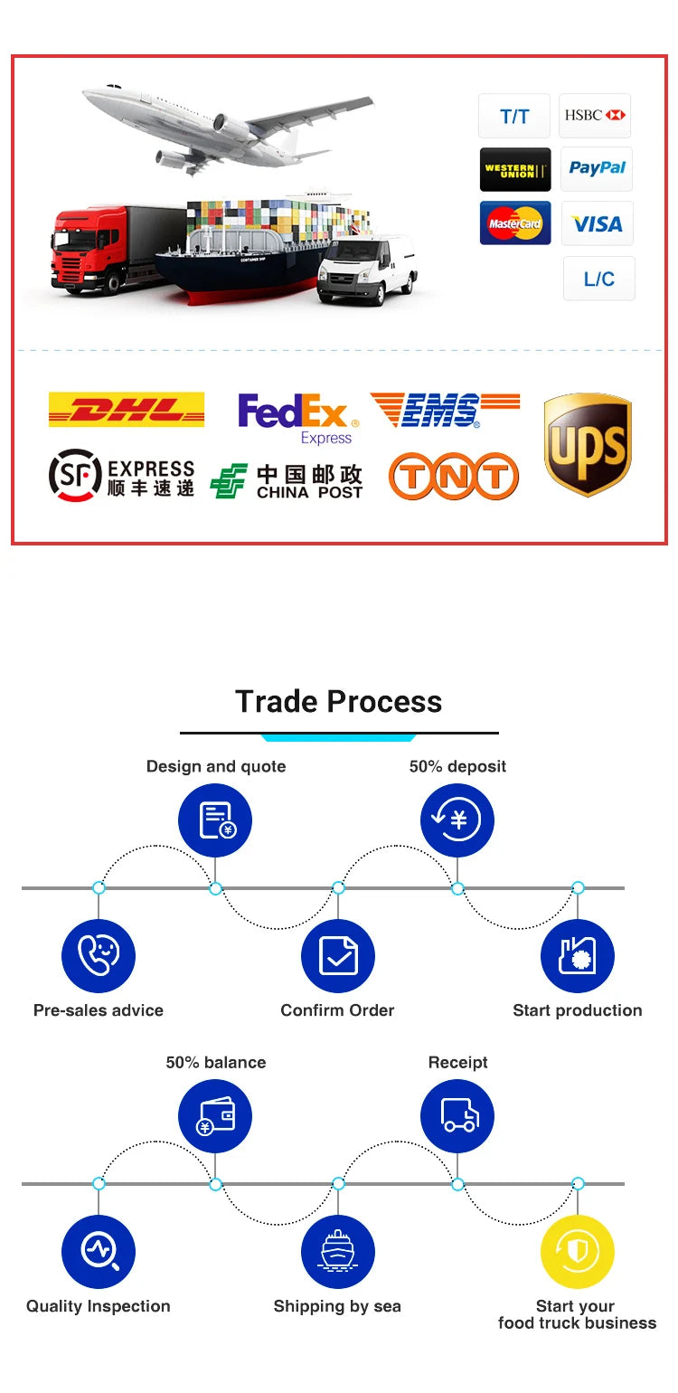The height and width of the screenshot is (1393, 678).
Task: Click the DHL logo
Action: click(x=126, y=410)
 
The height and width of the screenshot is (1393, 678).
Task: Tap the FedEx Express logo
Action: click(x=297, y=418)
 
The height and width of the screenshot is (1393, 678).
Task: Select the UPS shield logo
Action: click(x=588, y=444)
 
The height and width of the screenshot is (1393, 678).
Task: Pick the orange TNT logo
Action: click(x=453, y=476)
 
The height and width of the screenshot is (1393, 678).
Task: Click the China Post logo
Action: click(x=287, y=481)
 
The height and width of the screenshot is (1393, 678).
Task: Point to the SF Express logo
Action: click(x=121, y=477)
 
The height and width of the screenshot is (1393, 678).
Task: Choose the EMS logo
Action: click(x=445, y=411)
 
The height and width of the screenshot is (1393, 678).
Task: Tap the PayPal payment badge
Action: click(x=597, y=168)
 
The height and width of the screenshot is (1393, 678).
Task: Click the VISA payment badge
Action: click(x=598, y=223)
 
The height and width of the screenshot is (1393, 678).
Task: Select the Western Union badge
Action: click(x=514, y=169)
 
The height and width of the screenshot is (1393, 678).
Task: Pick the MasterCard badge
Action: click(x=514, y=223)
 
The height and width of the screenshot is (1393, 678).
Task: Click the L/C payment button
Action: click(x=598, y=279)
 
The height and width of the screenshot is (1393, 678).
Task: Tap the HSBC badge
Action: click(x=594, y=115)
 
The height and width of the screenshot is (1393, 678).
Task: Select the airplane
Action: click(x=226, y=127)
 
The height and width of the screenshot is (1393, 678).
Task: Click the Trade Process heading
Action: click(x=339, y=702)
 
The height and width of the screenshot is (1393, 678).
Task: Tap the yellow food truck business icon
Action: click(x=577, y=1252)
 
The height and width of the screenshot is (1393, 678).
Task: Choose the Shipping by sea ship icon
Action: click(x=337, y=1252)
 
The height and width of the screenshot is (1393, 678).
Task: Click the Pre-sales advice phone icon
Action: click(x=99, y=956)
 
